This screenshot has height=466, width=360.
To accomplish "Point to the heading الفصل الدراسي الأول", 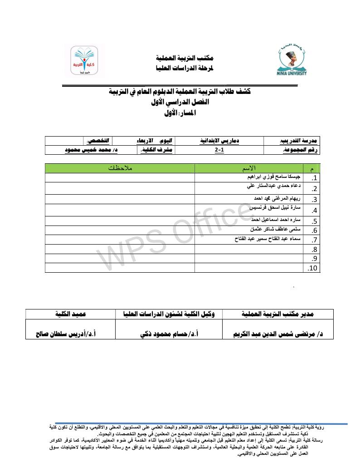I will (x=179, y=103).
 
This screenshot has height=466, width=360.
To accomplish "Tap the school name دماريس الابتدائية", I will (x=220, y=141).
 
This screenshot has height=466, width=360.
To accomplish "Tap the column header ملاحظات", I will (x=120, y=168).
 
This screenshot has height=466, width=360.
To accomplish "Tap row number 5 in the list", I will (x=313, y=221).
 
